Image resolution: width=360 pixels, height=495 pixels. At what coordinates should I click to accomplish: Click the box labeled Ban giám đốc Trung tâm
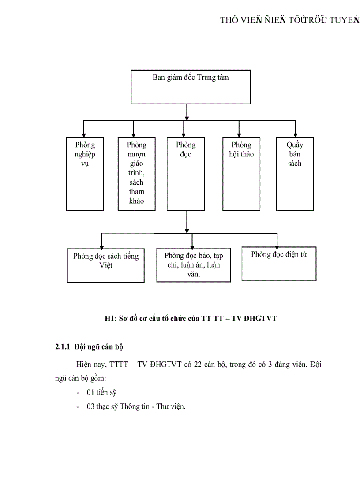click(x=191, y=87)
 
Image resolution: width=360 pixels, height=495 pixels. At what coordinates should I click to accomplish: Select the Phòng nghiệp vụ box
click(x=85, y=174)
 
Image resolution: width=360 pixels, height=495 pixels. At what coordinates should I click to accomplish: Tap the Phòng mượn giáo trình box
click(x=136, y=174)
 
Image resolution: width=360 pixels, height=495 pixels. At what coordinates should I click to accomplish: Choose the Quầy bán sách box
click(x=294, y=174)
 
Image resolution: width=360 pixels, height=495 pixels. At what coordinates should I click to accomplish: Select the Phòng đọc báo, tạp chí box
click(x=193, y=264)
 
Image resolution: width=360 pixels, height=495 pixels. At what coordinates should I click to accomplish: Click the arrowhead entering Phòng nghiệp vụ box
click(x=82, y=134)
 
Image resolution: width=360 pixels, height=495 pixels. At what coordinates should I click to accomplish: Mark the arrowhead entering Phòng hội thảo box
click(x=239, y=134)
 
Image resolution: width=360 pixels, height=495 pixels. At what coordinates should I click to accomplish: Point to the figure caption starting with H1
click(x=191, y=318)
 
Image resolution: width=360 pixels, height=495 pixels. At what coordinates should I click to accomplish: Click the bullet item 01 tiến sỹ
click(x=101, y=392)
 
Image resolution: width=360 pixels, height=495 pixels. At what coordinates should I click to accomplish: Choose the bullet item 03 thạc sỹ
click(x=136, y=406)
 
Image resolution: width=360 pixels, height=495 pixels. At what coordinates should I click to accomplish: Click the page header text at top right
click(x=290, y=20)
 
